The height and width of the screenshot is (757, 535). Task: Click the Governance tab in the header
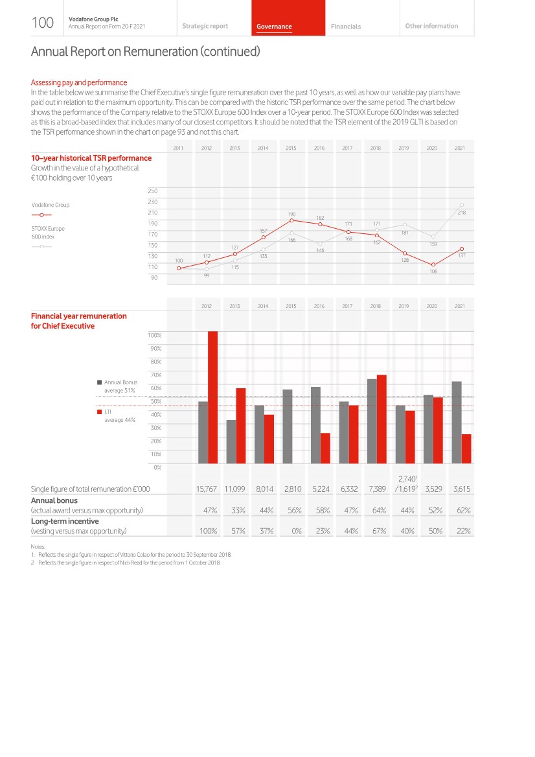[274, 27]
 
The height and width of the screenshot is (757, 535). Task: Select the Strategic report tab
[205, 27]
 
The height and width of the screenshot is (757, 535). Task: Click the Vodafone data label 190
[291, 213]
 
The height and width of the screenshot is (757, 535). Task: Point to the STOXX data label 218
[462, 212]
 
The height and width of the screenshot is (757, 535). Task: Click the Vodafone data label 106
[433, 272]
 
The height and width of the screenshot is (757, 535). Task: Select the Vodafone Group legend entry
[51, 205]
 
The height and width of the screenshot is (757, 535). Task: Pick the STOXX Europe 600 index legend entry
[48, 232]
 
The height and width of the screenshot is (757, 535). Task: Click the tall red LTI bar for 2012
[212, 397]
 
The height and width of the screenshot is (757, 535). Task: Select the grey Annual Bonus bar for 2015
[288, 426]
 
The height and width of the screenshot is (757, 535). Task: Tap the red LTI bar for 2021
[466, 448]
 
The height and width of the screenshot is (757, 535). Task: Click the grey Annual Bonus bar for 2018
[372, 421]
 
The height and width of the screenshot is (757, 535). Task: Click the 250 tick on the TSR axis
[154, 191]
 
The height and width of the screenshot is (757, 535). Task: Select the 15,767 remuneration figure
[207, 489]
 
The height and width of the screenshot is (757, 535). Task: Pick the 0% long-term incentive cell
[295, 531]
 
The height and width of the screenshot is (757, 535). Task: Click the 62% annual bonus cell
[462, 510]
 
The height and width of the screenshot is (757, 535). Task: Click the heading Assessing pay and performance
[79, 82]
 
